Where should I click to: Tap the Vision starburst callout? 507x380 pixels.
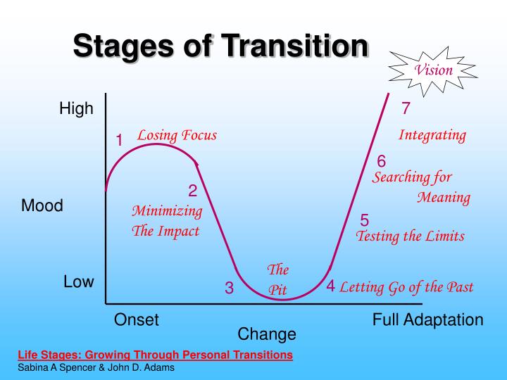(x=433, y=70)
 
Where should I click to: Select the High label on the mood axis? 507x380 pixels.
(x=76, y=109)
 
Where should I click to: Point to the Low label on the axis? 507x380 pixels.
(x=78, y=282)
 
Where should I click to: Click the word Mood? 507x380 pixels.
(x=42, y=206)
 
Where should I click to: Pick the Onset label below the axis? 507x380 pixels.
(x=137, y=320)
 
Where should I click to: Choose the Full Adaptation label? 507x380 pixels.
(x=427, y=320)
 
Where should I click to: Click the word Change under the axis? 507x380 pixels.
(x=267, y=334)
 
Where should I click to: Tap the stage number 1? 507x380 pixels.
(x=120, y=141)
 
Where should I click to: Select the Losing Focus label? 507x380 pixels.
(x=177, y=135)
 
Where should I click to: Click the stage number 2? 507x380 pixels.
(x=192, y=191)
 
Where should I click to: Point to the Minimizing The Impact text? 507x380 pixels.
(x=167, y=220)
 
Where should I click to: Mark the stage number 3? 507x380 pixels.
(x=229, y=288)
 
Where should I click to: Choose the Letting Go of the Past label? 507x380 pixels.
(x=406, y=286)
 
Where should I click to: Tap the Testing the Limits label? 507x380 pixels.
(x=411, y=236)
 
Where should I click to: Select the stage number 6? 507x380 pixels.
(x=382, y=161)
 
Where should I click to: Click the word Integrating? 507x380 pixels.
(x=432, y=135)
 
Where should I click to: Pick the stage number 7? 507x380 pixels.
(x=406, y=109)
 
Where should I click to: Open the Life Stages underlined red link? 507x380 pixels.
(x=154, y=355)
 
